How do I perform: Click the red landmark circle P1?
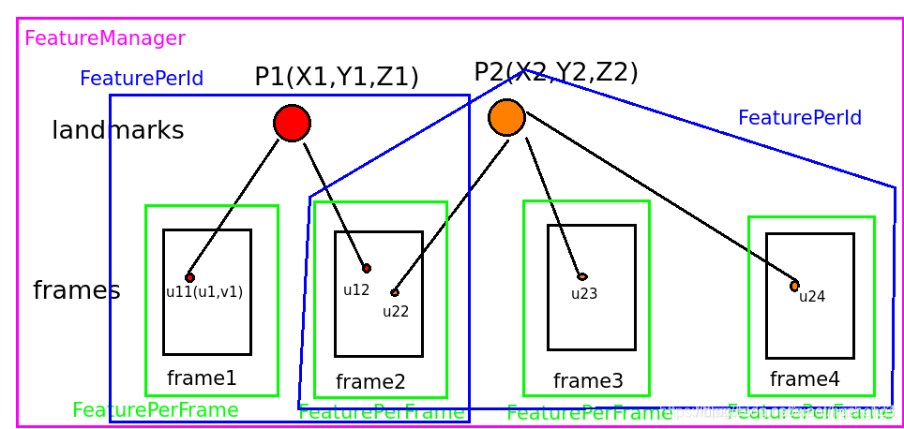click(x=292, y=123)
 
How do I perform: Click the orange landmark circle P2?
click(x=506, y=117)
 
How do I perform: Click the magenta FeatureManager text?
click(x=105, y=38)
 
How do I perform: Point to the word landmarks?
click(x=117, y=130)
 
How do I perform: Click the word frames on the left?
click(x=76, y=290)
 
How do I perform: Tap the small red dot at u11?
click(x=189, y=277)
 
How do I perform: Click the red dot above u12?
click(x=367, y=268)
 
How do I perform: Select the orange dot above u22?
click(x=395, y=293)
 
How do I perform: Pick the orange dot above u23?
click(x=582, y=277)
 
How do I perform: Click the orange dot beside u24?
click(x=794, y=286)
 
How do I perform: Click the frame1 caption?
click(x=202, y=378)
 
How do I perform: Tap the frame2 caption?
click(x=370, y=382)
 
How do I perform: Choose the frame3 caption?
click(x=588, y=381)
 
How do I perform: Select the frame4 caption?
click(x=805, y=379)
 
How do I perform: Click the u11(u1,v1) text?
click(x=204, y=291)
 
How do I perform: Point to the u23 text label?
click(x=584, y=293)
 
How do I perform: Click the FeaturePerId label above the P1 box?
click(x=142, y=79)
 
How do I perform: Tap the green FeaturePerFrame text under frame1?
click(x=156, y=410)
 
